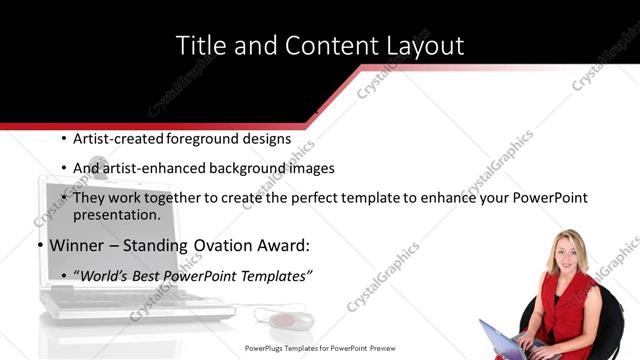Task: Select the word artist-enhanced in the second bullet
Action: (x=153, y=168)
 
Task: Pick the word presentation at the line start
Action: (x=116, y=215)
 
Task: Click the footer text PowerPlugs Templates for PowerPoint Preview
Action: (x=320, y=349)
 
